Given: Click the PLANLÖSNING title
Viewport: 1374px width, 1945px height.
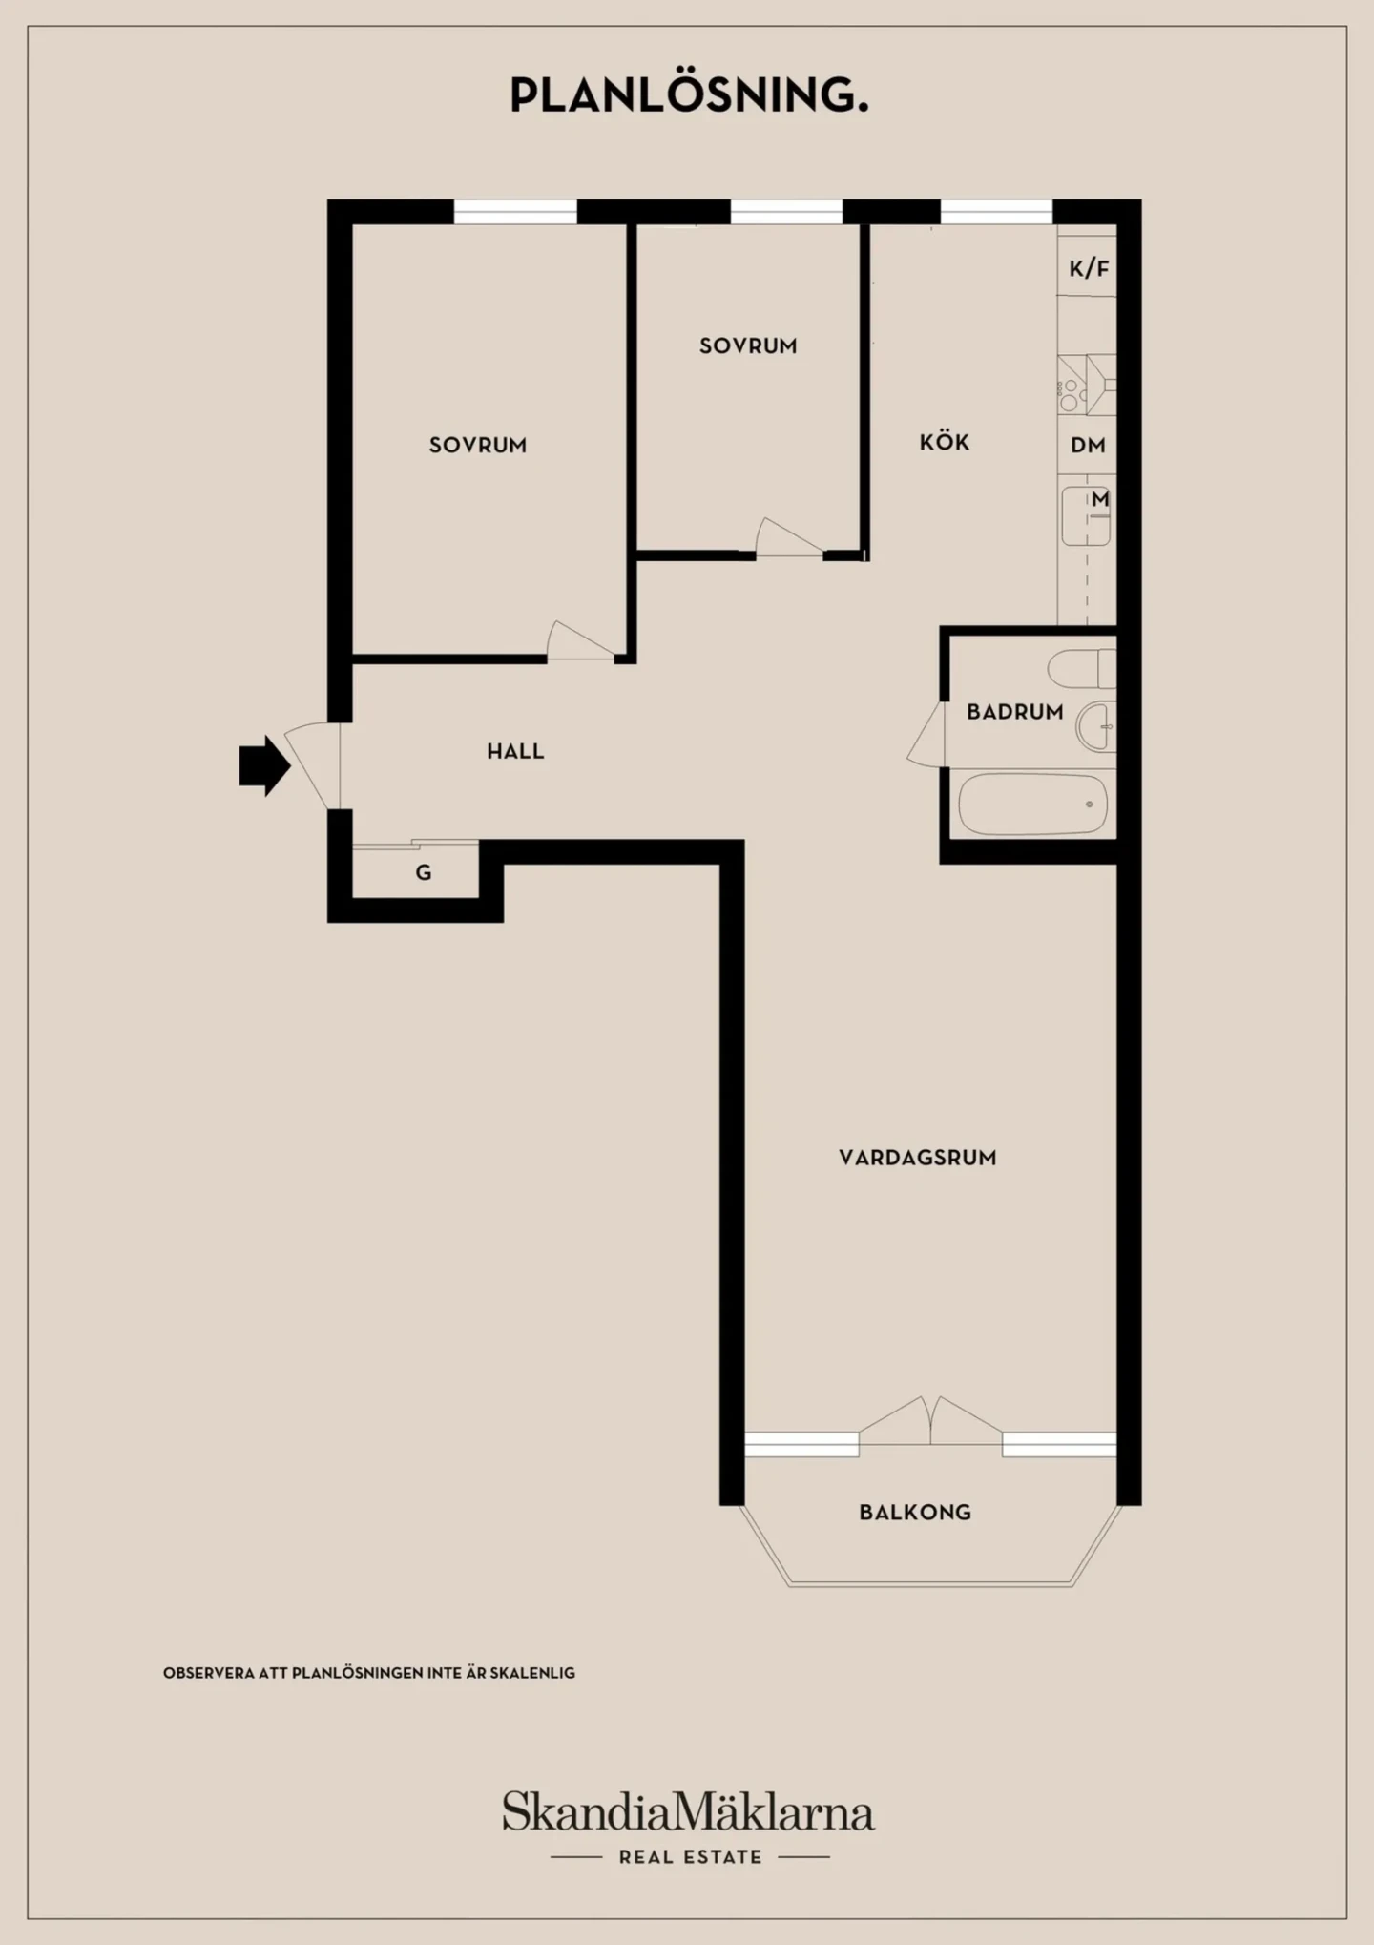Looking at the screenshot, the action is (x=689, y=94).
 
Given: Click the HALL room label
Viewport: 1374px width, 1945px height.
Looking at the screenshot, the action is (x=515, y=751).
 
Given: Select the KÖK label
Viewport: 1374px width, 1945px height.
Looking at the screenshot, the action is (x=945, y=442).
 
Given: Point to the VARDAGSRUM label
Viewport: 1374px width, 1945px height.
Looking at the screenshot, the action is (x=918, y=1158).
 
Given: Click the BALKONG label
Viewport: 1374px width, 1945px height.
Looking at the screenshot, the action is (x=915, y=1513).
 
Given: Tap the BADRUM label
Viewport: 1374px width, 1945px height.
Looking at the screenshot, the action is (x=1014, y=711).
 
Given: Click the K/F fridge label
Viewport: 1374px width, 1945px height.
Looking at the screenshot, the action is (x=1089, y=268).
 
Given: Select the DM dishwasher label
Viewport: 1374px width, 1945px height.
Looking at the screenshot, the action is (x=1088, y=445).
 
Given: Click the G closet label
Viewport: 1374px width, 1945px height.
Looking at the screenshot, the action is (x=424, y=872).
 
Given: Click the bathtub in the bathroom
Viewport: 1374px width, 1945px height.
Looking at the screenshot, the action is (x=1032, y=805).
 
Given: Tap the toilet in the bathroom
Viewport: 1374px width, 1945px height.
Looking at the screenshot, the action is (x=1081, y=668).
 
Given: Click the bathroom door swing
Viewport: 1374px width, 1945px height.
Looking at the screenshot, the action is (x=926, y=734).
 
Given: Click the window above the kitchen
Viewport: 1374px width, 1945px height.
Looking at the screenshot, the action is (x=996, y=212).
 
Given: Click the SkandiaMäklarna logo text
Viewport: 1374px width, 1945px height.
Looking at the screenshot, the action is (x=688, y=1810).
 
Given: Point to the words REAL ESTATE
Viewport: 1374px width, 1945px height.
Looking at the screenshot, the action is (x=691, y=1857).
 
